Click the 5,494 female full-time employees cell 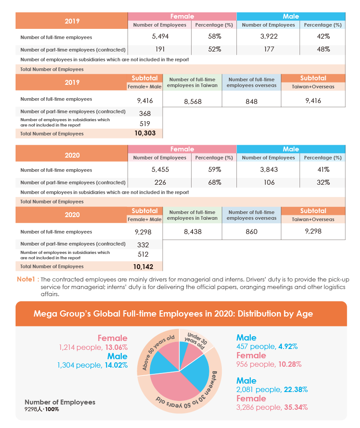tap(160, 36)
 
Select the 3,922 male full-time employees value tap(269, 36)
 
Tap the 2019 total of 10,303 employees tap(145, 133)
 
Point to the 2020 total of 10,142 tap(143, 267)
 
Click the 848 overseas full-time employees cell tap(251, 102)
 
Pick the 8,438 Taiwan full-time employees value tap(192, 232)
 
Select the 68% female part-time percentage tap(214, 182)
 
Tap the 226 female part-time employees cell tap(160, 182)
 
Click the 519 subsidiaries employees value tap(145, 124)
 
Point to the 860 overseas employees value tap(251, 232)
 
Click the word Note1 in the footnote tap(26, 279)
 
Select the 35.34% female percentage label tap(296, 407)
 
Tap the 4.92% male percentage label tap(288, 347)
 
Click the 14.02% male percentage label tap(116, 365)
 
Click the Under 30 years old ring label tap(196, 341)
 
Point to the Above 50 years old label tap(158, 352)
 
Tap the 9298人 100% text tap(41, 409)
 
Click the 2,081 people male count tap(259, 389)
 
